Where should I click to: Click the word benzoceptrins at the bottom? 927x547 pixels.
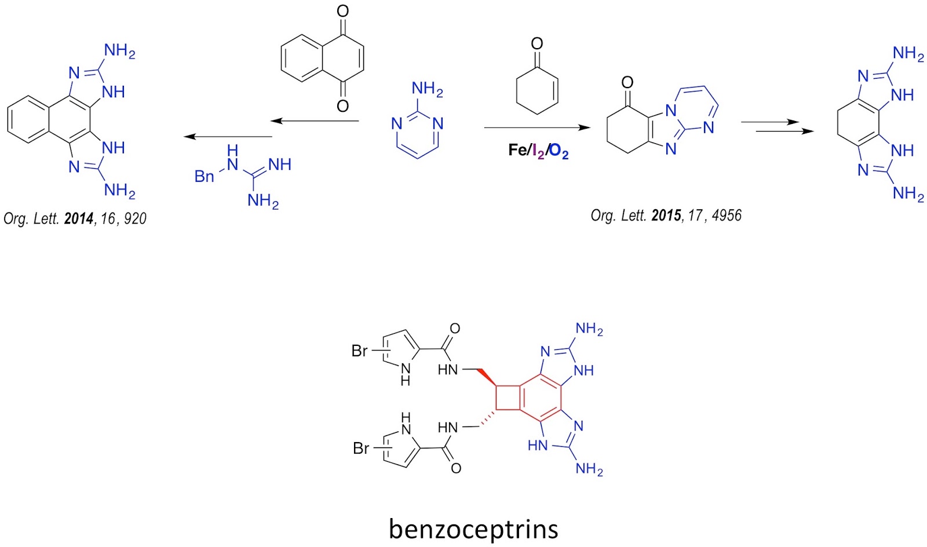pos(473,528)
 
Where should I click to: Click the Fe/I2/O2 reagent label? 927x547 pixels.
pos(538,151)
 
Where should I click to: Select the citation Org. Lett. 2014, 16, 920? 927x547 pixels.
pos(75,218)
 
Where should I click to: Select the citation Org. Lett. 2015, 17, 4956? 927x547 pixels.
pos(666,216)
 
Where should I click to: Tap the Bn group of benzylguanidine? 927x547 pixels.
pos(204,176)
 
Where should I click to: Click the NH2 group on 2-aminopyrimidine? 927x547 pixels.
pos(427,89)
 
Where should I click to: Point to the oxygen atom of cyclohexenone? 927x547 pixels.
pos(537,43)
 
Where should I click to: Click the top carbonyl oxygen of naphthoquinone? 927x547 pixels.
pos(342,11)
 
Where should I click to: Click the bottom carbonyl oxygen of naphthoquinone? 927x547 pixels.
pos(342,105)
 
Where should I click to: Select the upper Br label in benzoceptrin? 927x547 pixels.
pos(359,351)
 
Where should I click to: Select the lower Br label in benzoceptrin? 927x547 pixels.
pos(360,448)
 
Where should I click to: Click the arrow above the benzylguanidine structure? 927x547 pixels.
pos(228,137)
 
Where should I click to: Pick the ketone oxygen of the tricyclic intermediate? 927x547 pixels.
pos(627,82)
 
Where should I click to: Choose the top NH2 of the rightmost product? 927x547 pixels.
pos(908,54)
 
